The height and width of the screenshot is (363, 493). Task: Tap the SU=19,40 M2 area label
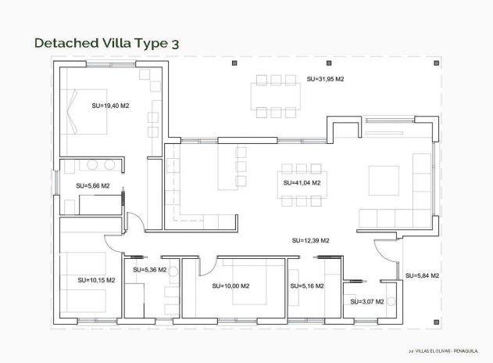tap(110, 105)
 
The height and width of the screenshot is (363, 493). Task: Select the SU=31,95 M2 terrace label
tap(326, 80)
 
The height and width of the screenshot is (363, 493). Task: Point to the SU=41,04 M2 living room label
tap(302, 182)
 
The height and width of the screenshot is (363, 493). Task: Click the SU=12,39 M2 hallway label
tap(310, 240)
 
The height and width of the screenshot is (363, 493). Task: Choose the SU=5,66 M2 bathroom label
tap(93, 186)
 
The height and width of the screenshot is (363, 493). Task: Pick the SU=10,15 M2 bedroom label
tap(96, 279)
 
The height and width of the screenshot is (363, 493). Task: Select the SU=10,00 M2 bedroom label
tap(230, 286)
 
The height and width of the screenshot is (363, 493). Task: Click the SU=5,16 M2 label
tap(305, 286)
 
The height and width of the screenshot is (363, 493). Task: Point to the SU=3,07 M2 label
tap(366, 301)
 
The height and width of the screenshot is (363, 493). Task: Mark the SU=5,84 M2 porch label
tap(422, 275)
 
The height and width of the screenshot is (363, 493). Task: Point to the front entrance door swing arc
tap(383, 250)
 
